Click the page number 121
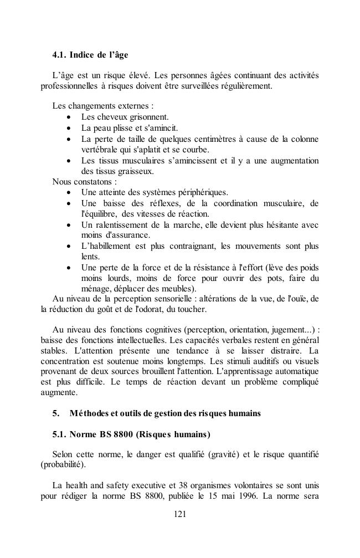(179, 514)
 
